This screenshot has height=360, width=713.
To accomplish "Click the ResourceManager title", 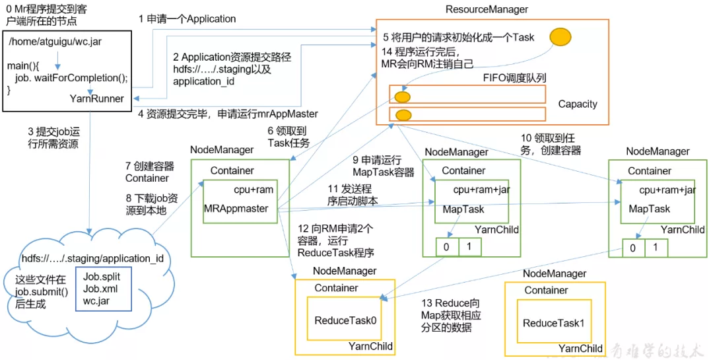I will click(487, 9).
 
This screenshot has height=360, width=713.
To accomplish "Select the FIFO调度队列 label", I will click(514, 78).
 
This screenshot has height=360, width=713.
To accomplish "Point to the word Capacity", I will click(578, 104).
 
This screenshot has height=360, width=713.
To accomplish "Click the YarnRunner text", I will click(97, 98).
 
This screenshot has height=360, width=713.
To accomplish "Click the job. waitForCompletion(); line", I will click(71, 77).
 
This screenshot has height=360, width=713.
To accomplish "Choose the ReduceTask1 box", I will click(553, 323).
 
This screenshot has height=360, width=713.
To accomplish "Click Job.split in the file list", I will click(102, 275).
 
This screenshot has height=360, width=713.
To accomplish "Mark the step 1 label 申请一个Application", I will click(187, 19).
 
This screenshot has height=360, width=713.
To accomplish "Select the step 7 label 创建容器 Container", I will click(147, 172).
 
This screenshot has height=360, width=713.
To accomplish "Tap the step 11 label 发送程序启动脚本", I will click(353, 195).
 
